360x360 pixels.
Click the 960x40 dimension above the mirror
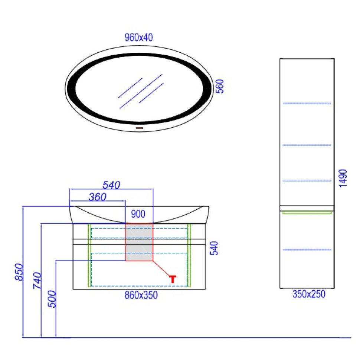(139, 37)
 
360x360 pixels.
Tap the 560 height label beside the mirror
(220, 86)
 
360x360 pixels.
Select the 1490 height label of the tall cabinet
(343, 179)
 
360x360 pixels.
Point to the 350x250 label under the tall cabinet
(309, 294)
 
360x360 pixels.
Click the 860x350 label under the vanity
(141, 295)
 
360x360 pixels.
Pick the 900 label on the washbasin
(138, 214)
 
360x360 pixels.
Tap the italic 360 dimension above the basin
(98, 197)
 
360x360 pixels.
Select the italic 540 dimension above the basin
(111, 185)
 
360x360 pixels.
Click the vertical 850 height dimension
(19, 272)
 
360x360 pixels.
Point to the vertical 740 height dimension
(37, 280)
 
